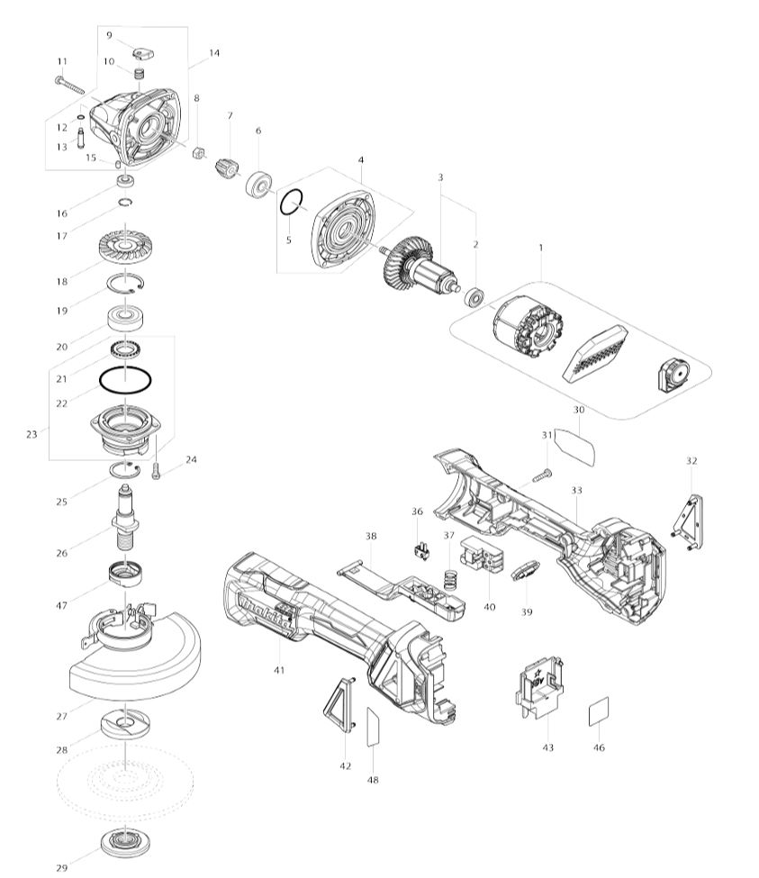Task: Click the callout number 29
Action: pyautogui.click(x=61, y=867)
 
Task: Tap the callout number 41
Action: pyautogui.click(x=279, y=670)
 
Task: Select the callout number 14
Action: pyautogui.click(x=214, y=53)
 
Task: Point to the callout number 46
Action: pyautogui.click(x=599, y=747)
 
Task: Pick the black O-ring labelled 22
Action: pyautogui.click(x=125, y=381)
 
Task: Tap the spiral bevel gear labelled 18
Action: pyautogui.click(x=125, y=245)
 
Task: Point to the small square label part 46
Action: pyautogui.click(x=599, y=711)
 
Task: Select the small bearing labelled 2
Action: pyautogui.click(x=474, y=297)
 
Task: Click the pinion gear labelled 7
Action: pyautogui.click(x=228, y=167)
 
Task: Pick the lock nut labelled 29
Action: pyautogui.click(x=125, y=842)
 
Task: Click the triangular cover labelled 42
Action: pyautogui.click(x=339, y=704)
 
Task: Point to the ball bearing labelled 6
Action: pyautogui.click(x=258, y=183)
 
